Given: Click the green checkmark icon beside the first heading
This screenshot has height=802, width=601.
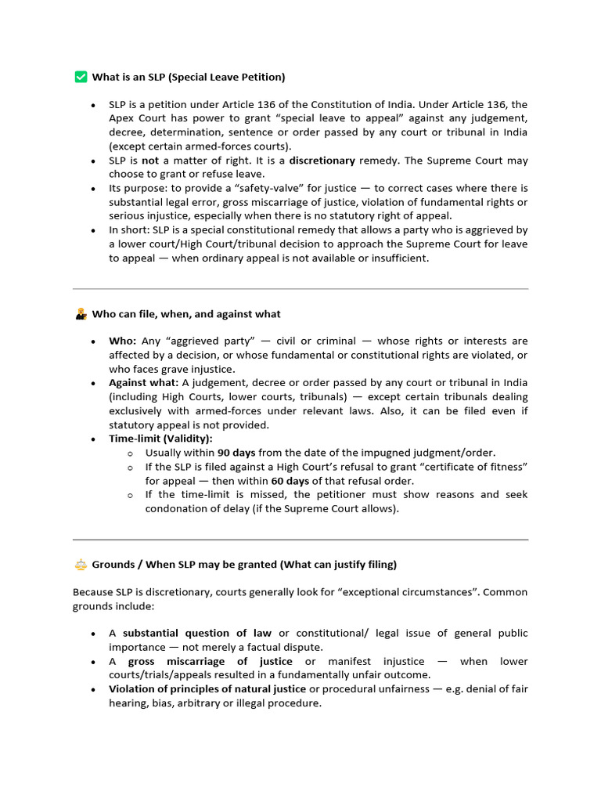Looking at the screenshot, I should click(81, 77).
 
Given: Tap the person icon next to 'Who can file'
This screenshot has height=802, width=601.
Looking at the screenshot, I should click(81, 314).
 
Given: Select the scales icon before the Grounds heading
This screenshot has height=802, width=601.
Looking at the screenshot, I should click(81, 565).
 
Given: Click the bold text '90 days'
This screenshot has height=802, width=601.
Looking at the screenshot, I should click(235, 453).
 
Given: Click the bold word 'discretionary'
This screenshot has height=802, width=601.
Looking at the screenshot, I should click(322, 161).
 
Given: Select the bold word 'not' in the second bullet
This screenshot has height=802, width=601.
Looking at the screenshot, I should click(150, 161).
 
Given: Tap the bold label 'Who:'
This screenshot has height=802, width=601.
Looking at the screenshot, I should click(123, 341).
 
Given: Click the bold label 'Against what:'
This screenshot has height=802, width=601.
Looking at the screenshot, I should click(144, 383).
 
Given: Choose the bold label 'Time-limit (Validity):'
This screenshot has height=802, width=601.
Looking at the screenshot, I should click(160, 439).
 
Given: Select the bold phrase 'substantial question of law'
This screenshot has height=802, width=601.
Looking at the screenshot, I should click(197, 634).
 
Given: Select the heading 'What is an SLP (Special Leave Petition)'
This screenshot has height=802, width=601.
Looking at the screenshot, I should click(189, 77).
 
